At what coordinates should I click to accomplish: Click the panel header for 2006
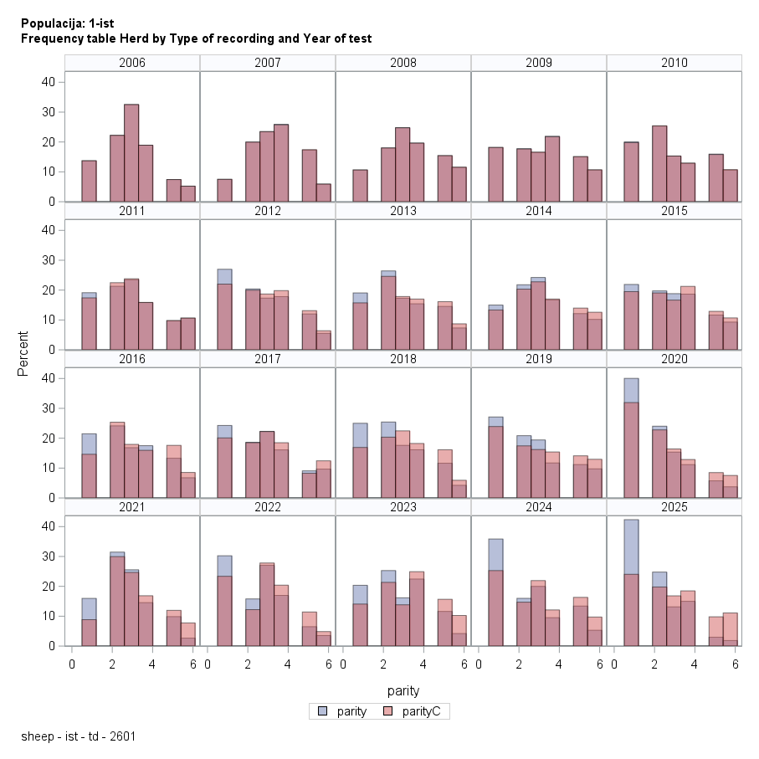132,63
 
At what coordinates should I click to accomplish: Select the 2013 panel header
403,211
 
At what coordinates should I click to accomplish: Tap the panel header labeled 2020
674,359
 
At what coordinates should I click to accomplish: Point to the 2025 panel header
674,507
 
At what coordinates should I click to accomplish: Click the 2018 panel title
403,359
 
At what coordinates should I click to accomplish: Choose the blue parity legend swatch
323,712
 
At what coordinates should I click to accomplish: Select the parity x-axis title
403,691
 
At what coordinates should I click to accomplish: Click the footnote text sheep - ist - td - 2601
79,737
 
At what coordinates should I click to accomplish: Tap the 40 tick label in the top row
49,82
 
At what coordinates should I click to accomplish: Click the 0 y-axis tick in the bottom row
52,646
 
